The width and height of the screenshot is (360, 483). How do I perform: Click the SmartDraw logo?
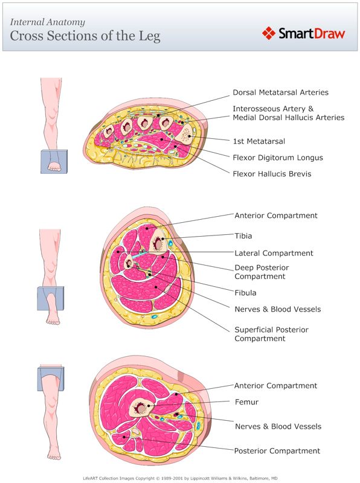304,33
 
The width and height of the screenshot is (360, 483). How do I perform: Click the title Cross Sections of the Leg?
85,36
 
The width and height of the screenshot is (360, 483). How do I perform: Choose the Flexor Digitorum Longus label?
278,158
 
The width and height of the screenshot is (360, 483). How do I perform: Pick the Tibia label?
243,236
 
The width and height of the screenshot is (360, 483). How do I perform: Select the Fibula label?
245,293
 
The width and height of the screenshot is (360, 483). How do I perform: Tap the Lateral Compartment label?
274,253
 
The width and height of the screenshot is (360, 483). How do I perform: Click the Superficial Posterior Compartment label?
271,334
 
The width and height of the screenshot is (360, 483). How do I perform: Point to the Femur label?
246,401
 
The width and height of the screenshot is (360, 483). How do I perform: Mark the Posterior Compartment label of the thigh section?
277,451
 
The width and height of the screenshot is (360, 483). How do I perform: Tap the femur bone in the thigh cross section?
141,409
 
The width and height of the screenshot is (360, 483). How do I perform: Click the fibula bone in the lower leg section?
129,262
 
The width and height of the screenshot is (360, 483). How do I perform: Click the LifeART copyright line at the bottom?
179,478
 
